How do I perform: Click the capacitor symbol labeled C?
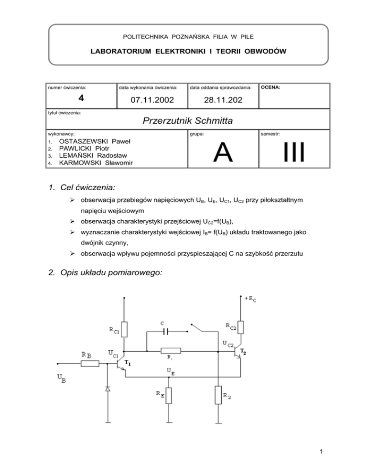164,331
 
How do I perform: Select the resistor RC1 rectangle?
124,329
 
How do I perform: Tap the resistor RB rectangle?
90,363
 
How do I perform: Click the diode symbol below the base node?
108,389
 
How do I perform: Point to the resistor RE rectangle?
169,396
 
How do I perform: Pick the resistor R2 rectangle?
217,396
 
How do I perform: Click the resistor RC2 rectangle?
240,327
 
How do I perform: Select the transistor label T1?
128,363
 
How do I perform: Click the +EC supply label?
249,299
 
